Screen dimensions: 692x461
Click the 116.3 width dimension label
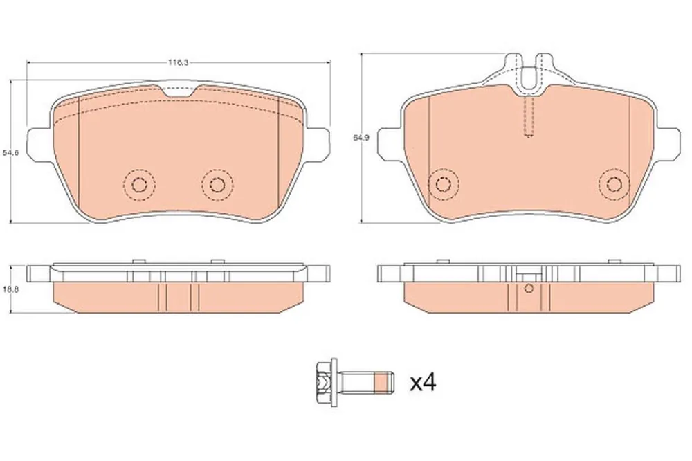pos(178,63)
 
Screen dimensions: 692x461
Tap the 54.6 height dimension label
pos(10,153)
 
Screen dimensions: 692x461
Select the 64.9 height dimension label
pos(361,137)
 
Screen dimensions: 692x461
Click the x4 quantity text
pos(424,382)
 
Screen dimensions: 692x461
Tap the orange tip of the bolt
pos(383,382)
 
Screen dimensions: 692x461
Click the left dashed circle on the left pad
pos(140,185)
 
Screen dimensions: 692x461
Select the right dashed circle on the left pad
pos(217,185)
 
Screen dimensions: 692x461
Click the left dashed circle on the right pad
pos(443,183)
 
